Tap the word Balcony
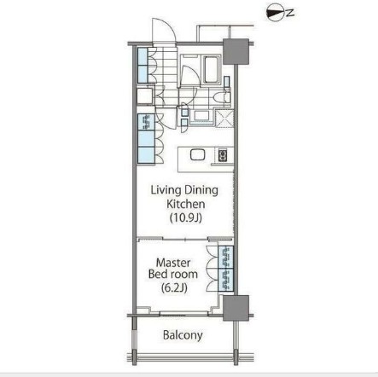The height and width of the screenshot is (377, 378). [x=183, y=335]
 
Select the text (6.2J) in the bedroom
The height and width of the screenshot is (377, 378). [x=176, y=288]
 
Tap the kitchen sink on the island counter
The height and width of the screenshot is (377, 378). [x=196, y=155]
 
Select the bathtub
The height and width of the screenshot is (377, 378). [x=210, y=72]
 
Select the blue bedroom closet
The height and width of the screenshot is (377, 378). [x=226, y=269]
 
